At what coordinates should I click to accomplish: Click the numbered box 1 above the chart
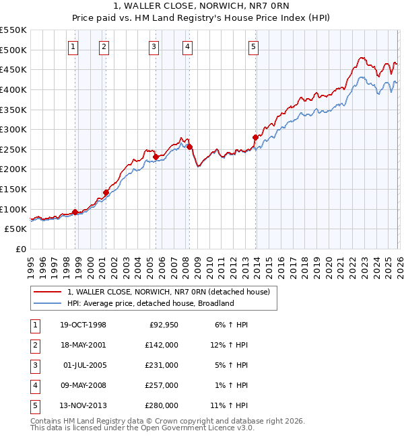click(x=72, y=46)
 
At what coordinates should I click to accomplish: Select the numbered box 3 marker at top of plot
click(x=154, y=46)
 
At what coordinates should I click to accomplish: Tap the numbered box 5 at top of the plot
click(x=253, y=46)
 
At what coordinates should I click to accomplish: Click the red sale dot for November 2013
click(x=255, y=138)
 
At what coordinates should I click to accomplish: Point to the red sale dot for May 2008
click(x=189, y=147)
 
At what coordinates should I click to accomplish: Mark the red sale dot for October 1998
click(x=75, y=212)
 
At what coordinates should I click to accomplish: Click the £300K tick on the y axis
click(x=13, y=129)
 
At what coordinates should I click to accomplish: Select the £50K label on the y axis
click(x=16, y=229)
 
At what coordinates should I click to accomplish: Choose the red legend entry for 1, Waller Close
click(x=168, y=292)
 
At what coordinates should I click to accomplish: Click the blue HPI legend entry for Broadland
click(x=149, y=303)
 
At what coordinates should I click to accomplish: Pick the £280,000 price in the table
click(x=162, y=405)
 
